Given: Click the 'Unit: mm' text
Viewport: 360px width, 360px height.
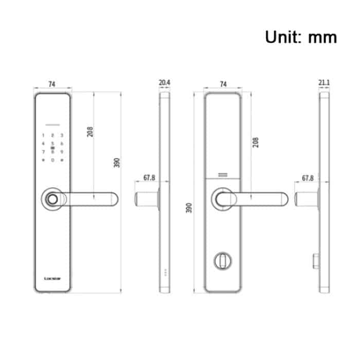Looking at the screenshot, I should (301, 37).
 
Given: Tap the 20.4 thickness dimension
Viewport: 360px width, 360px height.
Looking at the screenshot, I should (165, 83).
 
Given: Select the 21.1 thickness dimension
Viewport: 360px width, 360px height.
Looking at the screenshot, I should (324, 83).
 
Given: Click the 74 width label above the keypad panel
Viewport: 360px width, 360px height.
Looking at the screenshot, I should (52, 83).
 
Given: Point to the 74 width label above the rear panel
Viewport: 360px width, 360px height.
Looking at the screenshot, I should (223, 83).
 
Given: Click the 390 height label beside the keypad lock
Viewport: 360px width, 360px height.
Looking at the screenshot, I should (117, 163).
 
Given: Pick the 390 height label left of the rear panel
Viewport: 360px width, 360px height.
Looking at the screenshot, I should (189, 208).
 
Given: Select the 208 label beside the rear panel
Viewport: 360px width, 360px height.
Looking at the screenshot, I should (256, 142).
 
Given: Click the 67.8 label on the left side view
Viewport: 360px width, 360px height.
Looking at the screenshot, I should (149, 178).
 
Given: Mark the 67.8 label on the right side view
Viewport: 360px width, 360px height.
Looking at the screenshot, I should (308, 178).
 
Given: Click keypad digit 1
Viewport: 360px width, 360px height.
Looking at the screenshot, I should (43, 136).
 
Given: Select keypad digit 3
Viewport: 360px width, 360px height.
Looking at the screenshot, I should (62, 136).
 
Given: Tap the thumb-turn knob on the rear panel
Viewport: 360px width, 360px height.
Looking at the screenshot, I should (223, 261).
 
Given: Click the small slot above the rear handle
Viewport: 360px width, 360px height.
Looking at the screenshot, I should (223, 175).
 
